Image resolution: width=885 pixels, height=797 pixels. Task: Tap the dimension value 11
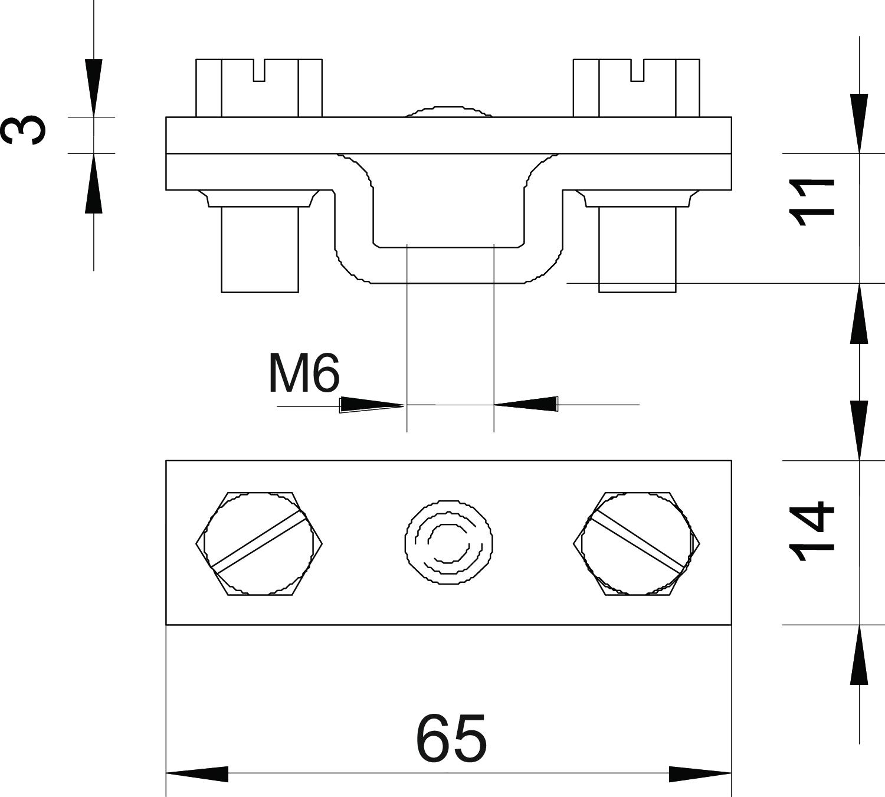[x=811, y=202]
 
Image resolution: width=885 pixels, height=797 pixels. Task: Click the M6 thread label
[x=304, y=373]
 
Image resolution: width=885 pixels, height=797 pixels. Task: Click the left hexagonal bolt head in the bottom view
[x=259, y=544]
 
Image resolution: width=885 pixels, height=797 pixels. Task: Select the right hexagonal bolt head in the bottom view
[x=636, y=544]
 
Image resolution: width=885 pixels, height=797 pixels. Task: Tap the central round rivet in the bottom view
[x=448, y=543]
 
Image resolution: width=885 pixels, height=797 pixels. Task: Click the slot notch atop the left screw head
[x=259, y=70]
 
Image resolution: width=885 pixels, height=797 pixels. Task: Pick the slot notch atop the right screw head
[x=637, y=70]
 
